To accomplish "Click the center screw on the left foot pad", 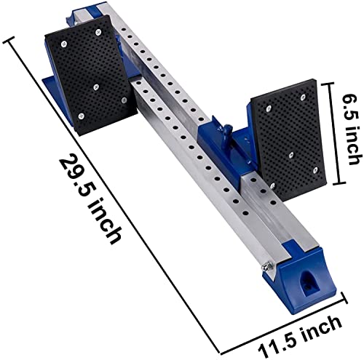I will click(97, 85).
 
